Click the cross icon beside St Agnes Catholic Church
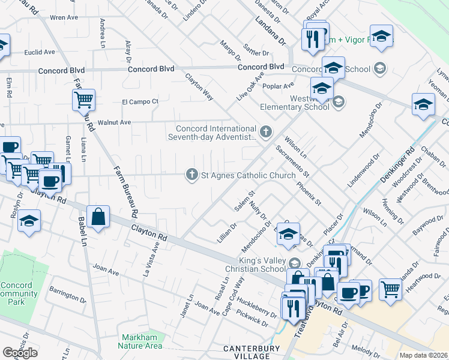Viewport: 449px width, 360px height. point(192,175)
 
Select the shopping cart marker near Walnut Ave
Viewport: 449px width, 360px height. point(83,100)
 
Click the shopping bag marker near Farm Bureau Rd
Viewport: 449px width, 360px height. point(98,217)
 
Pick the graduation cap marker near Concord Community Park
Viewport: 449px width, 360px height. point(29,221)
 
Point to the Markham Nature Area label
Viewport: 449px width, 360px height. point(142,341)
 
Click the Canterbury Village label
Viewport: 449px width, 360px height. point(252,352)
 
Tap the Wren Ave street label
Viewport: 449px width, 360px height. point(65,18)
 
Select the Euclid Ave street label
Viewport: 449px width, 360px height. point(40,52)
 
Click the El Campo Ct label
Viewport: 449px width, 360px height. point(140,101)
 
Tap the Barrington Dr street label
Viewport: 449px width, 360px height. point(67,296)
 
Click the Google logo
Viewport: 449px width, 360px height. point(20,353)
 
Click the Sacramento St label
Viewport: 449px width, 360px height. point(292,161)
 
